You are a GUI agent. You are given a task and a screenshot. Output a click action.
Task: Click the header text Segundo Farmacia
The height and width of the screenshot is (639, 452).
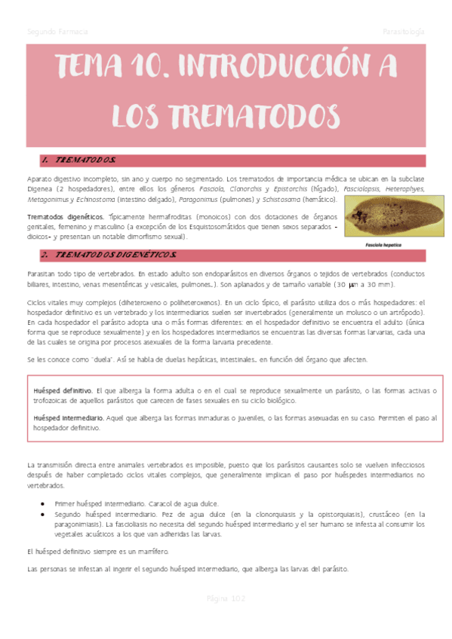[x=57, y=32]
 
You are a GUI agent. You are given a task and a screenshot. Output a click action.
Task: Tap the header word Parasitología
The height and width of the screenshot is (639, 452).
[x=403, y=32]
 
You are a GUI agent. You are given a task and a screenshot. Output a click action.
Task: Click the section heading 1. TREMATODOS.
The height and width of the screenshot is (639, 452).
[x=78, y=161]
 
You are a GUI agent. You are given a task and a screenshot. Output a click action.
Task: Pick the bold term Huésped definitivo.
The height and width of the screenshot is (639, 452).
[x=63, y=391]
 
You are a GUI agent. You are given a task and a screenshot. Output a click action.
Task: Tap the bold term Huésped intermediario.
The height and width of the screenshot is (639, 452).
[x=69, y=417]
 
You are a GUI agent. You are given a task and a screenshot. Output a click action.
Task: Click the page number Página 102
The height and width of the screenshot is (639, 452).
[x=226, y=598]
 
